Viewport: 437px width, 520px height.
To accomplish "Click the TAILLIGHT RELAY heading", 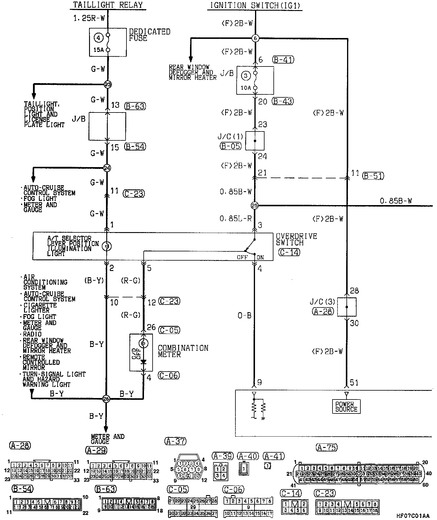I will coord(108,5).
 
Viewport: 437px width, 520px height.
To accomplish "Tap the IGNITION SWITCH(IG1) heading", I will coord(255,5).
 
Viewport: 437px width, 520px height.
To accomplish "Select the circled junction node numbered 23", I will coord(107,85).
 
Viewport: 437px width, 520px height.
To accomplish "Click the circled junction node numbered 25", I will coord(254,205).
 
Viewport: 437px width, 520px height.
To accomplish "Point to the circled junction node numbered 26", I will coord(106,399).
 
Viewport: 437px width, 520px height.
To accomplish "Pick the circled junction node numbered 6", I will coord(255,38).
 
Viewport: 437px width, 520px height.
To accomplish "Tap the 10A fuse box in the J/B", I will coord(255,80).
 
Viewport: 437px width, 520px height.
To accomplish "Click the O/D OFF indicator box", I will coord(141,352).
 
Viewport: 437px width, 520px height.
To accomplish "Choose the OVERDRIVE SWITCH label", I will coord(296,240).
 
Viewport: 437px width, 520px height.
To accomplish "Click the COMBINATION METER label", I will coord(183,351).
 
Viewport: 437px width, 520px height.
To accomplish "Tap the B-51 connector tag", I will coord(373,176).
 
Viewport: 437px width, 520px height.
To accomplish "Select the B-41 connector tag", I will coord(283,60).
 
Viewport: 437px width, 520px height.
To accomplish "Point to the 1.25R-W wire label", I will coord(89,18).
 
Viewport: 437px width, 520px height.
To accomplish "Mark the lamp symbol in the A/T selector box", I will coord(107,246).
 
